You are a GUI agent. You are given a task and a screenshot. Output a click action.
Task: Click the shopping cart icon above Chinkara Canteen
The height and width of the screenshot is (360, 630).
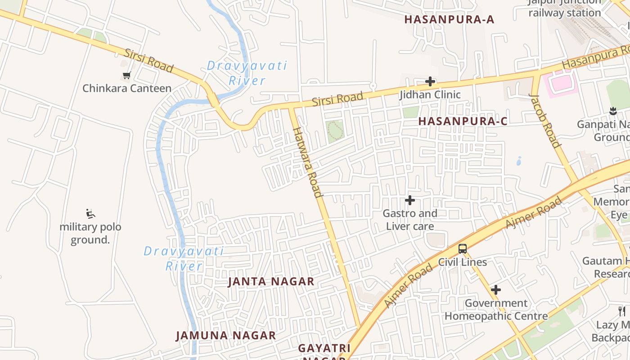[126, 76]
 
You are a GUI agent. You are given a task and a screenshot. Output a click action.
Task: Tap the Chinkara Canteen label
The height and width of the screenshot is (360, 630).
[127, 88]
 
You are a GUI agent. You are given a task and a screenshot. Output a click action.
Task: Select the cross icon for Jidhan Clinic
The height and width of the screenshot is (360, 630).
[430, 81]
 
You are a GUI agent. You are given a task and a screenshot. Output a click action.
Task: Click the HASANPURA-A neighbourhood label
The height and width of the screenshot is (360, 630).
[449, 19]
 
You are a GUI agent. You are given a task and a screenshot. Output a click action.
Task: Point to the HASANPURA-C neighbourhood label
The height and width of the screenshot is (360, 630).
[463, 121]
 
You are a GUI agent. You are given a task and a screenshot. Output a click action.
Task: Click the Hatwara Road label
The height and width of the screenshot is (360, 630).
[308, 162]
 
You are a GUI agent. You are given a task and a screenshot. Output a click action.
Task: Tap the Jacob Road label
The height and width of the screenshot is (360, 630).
[545, 121]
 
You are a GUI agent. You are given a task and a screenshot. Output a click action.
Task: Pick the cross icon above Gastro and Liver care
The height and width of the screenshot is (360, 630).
[410, 200]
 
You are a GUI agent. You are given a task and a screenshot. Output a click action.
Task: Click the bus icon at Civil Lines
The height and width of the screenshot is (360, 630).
[463, 248]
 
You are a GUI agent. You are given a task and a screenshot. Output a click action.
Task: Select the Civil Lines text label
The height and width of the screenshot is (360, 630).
[463, 262]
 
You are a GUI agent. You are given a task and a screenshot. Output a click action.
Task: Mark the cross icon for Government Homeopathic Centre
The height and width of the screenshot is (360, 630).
[496, 290]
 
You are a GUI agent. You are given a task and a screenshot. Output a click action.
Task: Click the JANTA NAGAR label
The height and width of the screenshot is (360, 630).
[271, 282]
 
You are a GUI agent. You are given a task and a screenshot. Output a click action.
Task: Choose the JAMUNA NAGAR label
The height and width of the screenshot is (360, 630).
[225, 336]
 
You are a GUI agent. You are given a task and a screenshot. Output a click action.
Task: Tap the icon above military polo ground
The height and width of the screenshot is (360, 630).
[90, 213]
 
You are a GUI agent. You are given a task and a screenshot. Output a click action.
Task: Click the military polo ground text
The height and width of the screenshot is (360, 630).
[90, 233]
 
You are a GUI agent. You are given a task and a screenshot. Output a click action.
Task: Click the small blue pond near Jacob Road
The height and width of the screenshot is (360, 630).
[519, 161]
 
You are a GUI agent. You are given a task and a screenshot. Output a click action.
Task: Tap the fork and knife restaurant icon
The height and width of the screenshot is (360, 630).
[622, 311]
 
